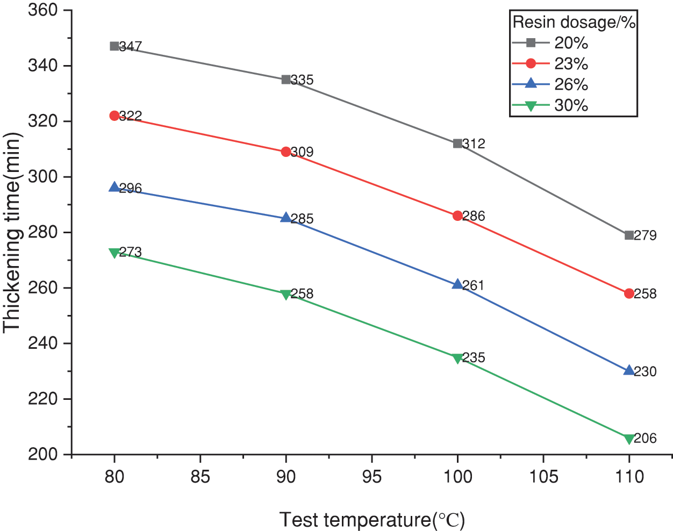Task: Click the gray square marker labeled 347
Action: pos(114,46)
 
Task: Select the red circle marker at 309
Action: pos(286,152)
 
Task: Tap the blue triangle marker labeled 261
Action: pos(457,284)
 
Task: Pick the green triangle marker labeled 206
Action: pos(629,439)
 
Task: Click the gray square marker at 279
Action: pos(629,235)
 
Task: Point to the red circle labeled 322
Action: pos(114,116)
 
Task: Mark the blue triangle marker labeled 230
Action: pos(629,370)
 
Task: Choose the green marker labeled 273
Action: pos(114,253)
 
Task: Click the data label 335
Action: pos(302,80)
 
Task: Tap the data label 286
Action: pos(474,216)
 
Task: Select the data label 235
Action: pos(474,357)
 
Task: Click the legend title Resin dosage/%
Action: pos(574,22)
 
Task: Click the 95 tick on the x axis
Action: pos(372,476)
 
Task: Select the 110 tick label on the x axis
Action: pos(629,476)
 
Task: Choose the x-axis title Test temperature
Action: pos(372,520)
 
